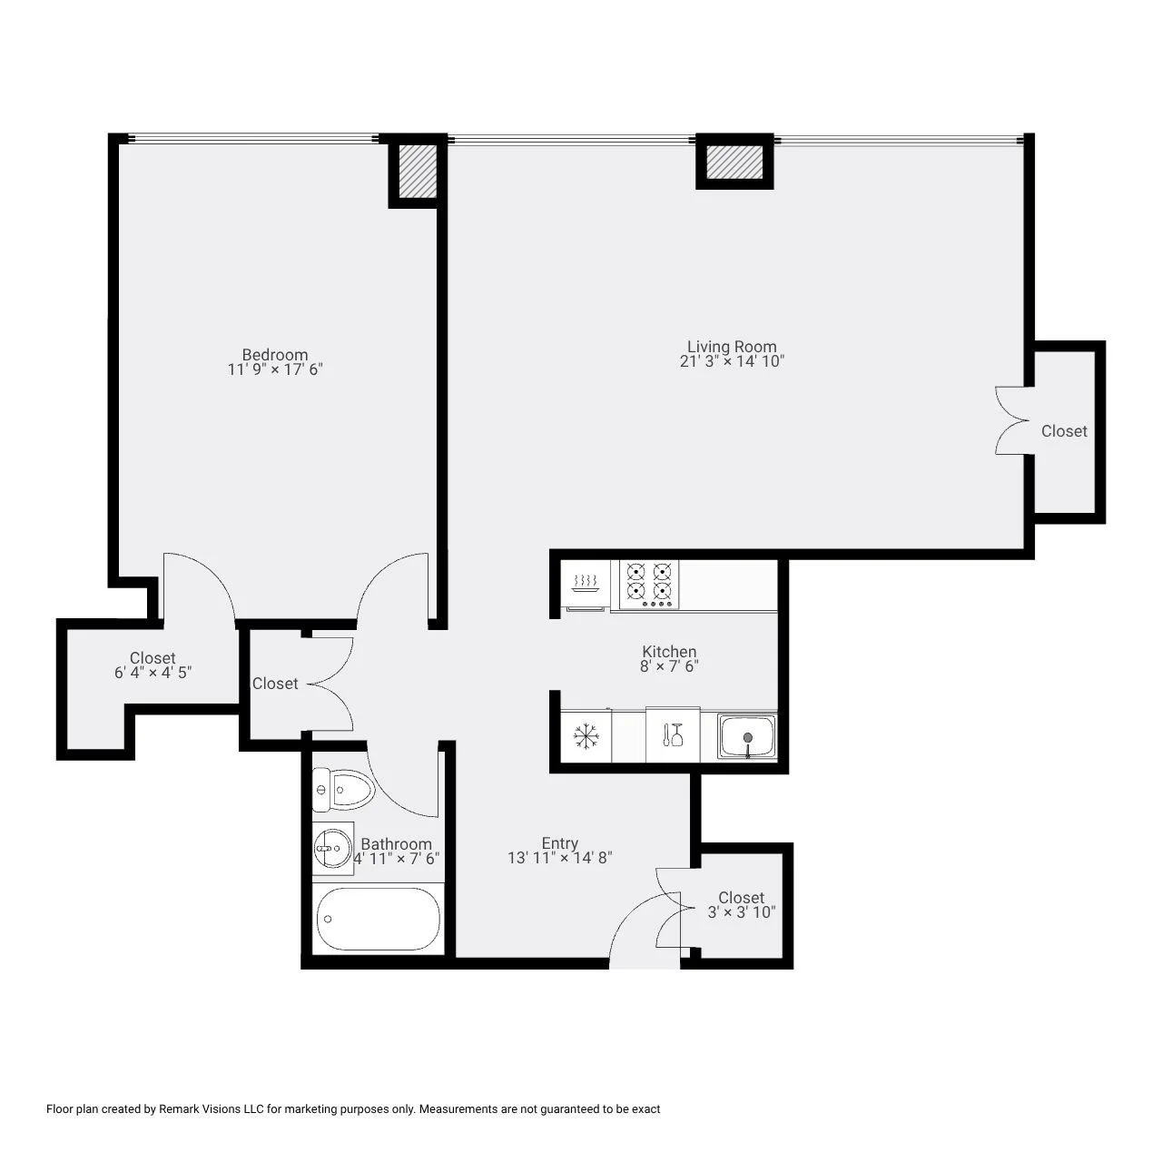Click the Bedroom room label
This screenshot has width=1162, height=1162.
274,354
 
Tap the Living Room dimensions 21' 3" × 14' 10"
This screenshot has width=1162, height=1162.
732,361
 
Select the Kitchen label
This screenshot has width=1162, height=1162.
669,651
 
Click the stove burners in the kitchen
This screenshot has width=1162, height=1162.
649,584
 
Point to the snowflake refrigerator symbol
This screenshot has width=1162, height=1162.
585,737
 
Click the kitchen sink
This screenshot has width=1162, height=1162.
746,736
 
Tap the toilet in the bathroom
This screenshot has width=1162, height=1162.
342,789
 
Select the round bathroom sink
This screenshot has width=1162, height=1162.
332,849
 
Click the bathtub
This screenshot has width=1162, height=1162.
378,919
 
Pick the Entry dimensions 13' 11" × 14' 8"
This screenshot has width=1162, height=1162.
559,858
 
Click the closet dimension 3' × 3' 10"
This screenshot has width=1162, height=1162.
741,912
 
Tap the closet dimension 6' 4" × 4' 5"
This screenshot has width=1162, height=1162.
153,673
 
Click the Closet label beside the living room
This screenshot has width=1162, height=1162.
1064,431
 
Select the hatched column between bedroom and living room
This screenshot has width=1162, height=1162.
418,171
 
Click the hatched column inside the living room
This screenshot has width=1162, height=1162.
734,162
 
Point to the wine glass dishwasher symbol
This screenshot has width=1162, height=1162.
673,734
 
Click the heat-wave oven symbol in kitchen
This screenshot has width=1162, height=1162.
585,584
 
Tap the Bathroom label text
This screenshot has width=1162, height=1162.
396,843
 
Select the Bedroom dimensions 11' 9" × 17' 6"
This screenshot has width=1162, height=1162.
275,369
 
